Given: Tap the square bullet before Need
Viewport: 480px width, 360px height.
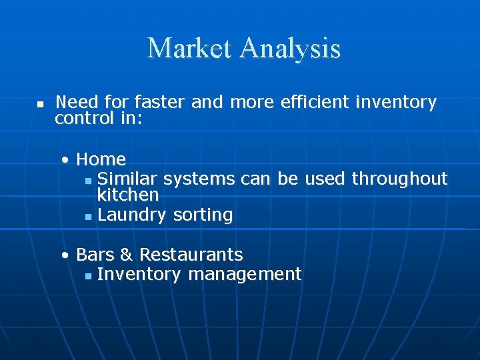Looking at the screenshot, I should click(x=40, y=105).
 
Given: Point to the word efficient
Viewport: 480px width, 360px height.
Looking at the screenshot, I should click(x=315, y=102).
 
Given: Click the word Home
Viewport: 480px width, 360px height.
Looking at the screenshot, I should click(x=101, y=159).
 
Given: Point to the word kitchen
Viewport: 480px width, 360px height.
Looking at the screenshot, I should click(x=128, y=195).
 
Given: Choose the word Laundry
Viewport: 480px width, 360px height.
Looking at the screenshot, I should click(x=132, y=215).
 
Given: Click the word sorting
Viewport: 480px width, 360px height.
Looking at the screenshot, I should click(x=203, y=215).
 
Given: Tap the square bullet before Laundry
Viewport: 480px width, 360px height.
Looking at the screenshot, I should click(x=89, y=216).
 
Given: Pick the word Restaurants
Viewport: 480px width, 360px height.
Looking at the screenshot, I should click(x=191, y=255).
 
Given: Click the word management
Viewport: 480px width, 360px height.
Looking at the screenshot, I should click(x=245, y=274).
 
